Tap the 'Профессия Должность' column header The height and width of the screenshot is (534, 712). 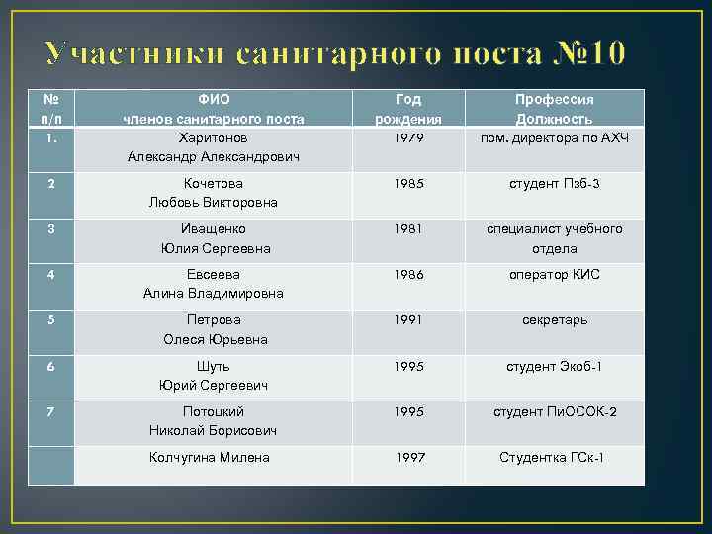tap(554, 109)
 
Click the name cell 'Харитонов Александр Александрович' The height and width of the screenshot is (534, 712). tap(214, 146)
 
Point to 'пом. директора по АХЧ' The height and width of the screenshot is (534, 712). tap(554, 137)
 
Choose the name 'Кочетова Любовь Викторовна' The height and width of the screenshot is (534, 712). tap(214, 193)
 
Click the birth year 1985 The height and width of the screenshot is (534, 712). tap(408, 183)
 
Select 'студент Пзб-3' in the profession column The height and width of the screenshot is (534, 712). tap(554, 183)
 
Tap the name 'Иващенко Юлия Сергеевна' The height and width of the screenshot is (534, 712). tap(214, 238)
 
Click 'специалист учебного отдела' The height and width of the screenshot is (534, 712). tap(554, 238)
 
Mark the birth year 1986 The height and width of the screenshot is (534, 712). tap(408, 274)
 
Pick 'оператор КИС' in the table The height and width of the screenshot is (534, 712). tap(554, 274)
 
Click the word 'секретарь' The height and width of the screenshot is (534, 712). tap(554, 320)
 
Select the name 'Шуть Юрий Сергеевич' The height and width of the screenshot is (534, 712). tap(214, 375)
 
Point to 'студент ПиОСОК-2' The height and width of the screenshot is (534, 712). tap(554, 411)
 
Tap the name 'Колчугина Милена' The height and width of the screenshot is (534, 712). tap(209, 457)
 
